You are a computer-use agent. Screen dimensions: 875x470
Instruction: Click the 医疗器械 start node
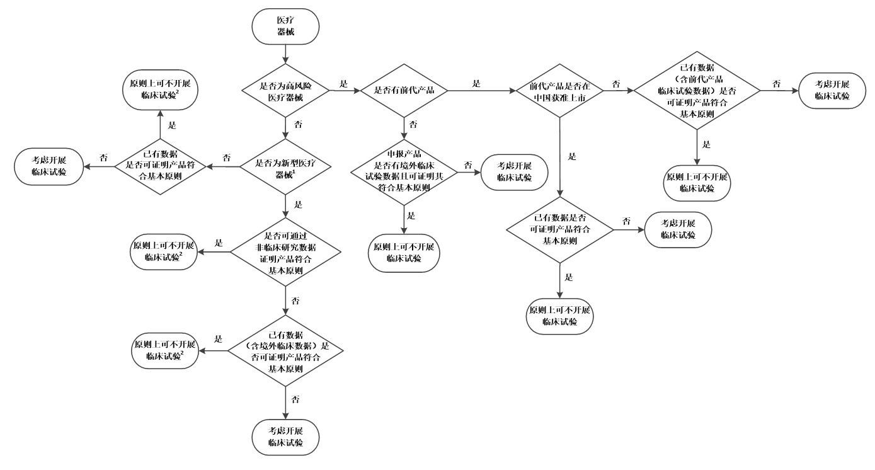[285, 26]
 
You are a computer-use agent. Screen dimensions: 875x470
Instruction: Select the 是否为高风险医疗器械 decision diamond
[285, 91]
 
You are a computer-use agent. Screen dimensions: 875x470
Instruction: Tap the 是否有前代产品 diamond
[404, 91]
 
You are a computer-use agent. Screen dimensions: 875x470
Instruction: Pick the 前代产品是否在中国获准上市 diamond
[560, 91]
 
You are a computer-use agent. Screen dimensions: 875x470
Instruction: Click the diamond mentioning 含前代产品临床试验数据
[697, 91]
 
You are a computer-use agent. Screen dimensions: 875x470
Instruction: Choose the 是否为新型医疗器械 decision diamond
[285, 167]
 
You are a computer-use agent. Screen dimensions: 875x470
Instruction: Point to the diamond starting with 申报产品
[404, 172]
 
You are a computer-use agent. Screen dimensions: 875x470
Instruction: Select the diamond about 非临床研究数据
[285, 252]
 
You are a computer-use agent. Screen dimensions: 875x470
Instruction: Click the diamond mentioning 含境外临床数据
[285, 351]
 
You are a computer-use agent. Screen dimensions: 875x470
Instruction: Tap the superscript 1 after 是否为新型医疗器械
[294, 171]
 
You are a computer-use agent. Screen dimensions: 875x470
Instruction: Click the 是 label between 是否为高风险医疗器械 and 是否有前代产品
[343, 84]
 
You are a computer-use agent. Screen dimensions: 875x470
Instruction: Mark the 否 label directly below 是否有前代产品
[413, 124]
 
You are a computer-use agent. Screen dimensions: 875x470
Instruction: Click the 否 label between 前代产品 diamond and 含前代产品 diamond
[616, 84]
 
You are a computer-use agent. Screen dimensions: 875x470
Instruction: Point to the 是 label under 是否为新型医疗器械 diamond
[298, 204]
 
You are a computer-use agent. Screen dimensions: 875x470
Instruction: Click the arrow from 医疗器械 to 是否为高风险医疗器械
[285, 54]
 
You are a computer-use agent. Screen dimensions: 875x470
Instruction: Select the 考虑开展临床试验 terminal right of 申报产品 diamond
[515, 172]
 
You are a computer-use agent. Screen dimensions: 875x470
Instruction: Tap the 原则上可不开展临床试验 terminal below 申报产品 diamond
[404, 253]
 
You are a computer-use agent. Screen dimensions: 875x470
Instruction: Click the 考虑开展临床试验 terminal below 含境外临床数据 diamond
[285, 437]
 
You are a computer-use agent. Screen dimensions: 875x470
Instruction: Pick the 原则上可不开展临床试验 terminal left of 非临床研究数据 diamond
[164, 252]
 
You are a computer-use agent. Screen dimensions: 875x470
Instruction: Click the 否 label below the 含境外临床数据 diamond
[295, 399]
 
